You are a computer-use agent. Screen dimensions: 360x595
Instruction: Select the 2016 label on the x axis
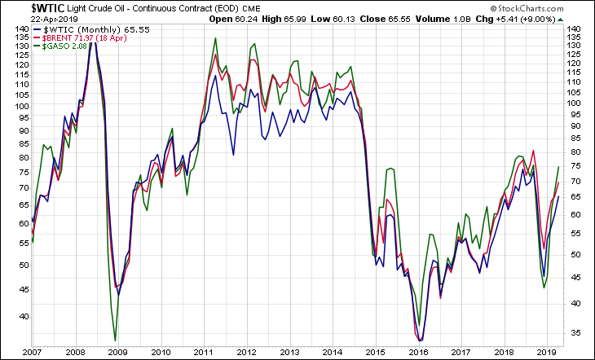pos(418,352)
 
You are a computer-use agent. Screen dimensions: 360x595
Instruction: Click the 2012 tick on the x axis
pos(246,352)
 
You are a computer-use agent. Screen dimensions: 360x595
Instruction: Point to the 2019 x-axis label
pos(548,352)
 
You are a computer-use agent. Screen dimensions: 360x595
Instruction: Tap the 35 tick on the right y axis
pos(575,333)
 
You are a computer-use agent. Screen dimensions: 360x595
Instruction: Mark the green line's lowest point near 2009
pos(115,340)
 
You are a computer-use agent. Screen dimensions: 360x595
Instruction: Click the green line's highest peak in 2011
pos(215,37)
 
